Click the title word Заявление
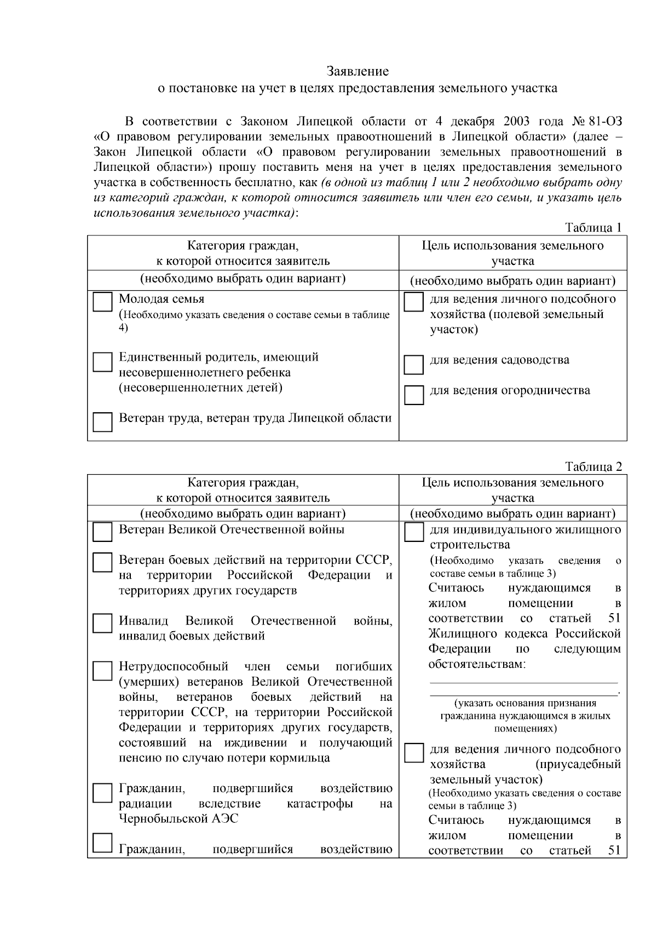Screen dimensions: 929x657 pyautogui.click(x=358, y=71)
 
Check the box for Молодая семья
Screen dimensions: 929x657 pyautogui.click(x=102, y=302)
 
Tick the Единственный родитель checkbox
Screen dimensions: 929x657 pyautogui.click(x=102, y=362)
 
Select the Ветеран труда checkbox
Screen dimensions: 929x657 pyautogui.click(x=102, y=422)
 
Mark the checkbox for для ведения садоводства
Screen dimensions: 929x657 pyautogui.click(x=413, y=364)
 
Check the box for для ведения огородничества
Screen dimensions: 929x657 pyautogui.click(x=413, y=395)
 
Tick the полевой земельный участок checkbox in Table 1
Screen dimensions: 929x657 pyautogui.click(x=413, y=302)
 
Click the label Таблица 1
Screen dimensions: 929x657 pyautogui.click(x=593, y=228)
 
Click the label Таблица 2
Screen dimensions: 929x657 pyautogui.click(x=593, y=467)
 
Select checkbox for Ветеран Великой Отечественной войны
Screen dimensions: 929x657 pyautogui.click(x=102, y=532)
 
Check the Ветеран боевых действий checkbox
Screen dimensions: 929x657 pyautogui.click(x=102, y=563)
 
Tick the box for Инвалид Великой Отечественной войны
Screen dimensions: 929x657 pyautogui.click(x=102, y=624)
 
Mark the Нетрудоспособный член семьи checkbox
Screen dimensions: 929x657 pyautogui.click(x=102, y=670)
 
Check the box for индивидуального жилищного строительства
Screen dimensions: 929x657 pyautogui.click(x=413, y=532)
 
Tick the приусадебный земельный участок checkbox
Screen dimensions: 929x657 pyautogui.click(x=413, y=753)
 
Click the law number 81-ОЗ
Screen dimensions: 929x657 pyautogui.click(x=605, y=121)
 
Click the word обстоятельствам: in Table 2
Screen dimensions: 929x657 pyautogui.click(x=477, y=665)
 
